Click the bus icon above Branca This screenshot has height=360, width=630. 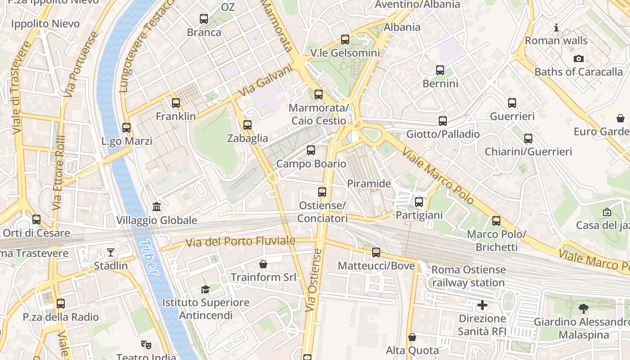point(204,19)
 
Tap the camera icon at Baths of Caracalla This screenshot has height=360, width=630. point(579,58)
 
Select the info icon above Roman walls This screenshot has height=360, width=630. point(556,28)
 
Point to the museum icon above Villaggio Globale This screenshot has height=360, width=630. point(157,207)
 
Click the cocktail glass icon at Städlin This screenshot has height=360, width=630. point(111,252)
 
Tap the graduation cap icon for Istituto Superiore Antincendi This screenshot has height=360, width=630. point(205,289)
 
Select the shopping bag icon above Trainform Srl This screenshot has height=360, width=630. point(263,264)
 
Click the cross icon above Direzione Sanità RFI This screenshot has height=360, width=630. point(482,306)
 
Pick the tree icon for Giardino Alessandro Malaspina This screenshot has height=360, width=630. point(584,309)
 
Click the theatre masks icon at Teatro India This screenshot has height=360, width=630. point(146,345)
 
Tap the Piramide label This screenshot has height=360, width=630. point(369,184)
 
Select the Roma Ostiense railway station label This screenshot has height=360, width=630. point(468,276)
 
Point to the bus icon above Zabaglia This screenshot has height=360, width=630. point(247,125)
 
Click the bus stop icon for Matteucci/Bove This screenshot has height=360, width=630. point(376,252)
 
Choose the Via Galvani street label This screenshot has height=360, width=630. point(265,81)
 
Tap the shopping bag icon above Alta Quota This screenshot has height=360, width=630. point(412,337)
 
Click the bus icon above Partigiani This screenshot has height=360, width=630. point(419,202)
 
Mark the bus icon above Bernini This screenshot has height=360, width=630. point(440,70)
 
